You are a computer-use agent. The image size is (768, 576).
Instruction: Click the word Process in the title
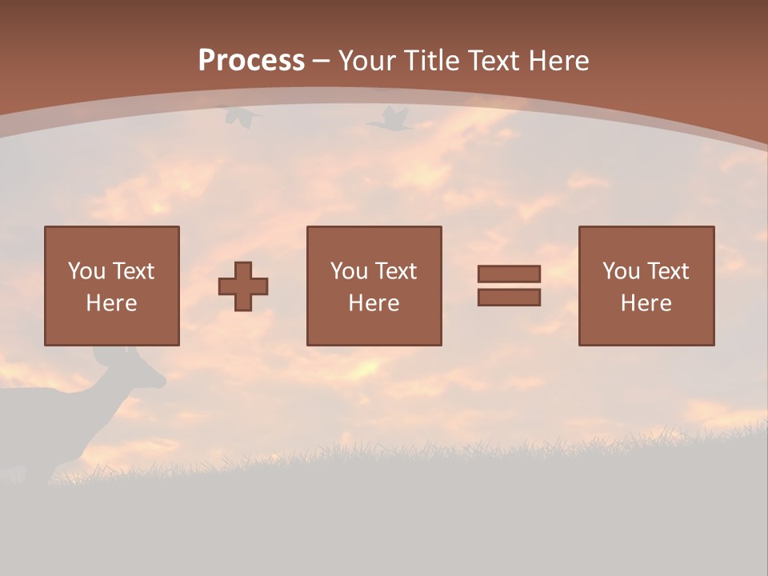click(251, 61)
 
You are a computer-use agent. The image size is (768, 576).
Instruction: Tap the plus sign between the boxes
click(243, 286)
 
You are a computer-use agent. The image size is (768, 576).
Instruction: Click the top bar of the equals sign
click(509, 274)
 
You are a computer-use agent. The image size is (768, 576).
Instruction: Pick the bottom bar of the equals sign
click(509, 298)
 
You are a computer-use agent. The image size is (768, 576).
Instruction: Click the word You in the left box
click(86, 271)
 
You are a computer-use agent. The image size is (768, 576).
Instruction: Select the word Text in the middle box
click(396, 271)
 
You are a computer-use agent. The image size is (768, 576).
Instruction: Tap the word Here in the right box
click(646, 303)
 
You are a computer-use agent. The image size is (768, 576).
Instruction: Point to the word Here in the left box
click(112, 303)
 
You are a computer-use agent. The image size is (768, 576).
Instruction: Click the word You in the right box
click(621, 271)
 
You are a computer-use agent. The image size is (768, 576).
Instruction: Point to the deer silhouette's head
click(144, 373)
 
